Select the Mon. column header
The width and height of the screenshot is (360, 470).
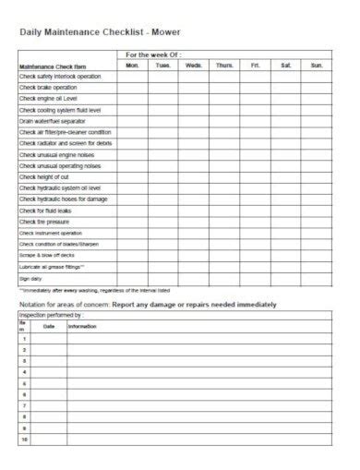[x=132, y=66]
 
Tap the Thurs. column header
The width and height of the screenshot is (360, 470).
[x=224, y=66]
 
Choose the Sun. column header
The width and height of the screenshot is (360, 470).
[x=317, y=66]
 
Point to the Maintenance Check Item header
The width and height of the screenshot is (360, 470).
[x=48, y=66]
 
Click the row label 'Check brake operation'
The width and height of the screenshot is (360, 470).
[x=49, y=88]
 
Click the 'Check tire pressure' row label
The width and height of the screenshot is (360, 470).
[x=44, y=222]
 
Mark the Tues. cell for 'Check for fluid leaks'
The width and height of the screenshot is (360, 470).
[x=163, y=211]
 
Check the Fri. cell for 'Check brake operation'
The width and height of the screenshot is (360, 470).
[x=256, y=88]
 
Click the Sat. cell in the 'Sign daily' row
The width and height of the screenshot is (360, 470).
[x=286, y=278]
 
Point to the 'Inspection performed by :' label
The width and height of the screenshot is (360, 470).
[x=51, y=315]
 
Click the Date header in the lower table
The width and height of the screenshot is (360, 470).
[x=49, y=326]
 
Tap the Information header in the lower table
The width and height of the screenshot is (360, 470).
[x=81, y=326]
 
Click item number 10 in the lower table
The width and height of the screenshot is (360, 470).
[x=24, y=440]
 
